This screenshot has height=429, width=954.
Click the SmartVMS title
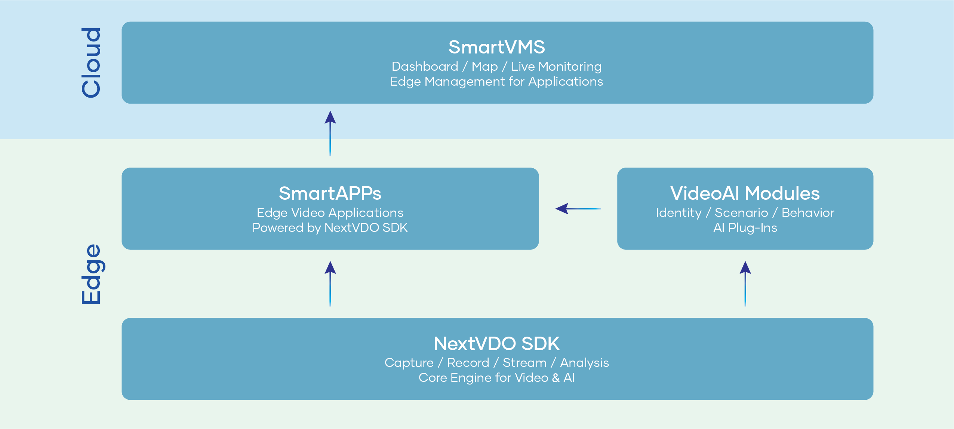[x=496, y=48]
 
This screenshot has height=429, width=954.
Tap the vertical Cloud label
[x=91, y=63]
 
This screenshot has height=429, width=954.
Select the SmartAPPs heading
[x=330, y=193]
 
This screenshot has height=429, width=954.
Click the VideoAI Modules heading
[x=745, y=193]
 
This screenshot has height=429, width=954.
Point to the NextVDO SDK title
[x=496, y=344]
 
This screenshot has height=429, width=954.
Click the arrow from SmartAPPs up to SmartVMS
[x=330, y=133]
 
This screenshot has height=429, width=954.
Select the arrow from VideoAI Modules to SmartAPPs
[x=578, y=208]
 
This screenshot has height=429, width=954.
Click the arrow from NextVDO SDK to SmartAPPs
[x=330, y=284]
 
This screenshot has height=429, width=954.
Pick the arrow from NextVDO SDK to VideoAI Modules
[x=745, y=284]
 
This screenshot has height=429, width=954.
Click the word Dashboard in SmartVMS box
[x=425, y=67]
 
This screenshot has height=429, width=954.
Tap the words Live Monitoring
[x=556, y=67]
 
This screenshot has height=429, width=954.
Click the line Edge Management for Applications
[x=496, y=82]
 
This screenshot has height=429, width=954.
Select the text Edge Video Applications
[x=330, y=213]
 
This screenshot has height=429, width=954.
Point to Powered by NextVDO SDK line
[x=330, y=228]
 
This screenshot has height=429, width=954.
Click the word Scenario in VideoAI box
[x=741, y=213]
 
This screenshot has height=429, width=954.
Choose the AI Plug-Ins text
[x=745, y=228]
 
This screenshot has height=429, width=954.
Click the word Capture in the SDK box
[x=409, y=363]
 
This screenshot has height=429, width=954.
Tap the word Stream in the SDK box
[x=524, y=363]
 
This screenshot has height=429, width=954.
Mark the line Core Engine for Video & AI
[x=496, y=378]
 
